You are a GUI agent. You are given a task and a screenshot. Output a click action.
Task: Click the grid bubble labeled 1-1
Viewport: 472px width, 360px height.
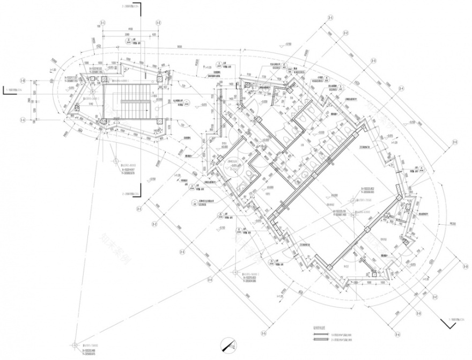click(100, 23)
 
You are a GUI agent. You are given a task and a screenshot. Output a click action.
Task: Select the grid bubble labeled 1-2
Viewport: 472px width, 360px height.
click(158, 23)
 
